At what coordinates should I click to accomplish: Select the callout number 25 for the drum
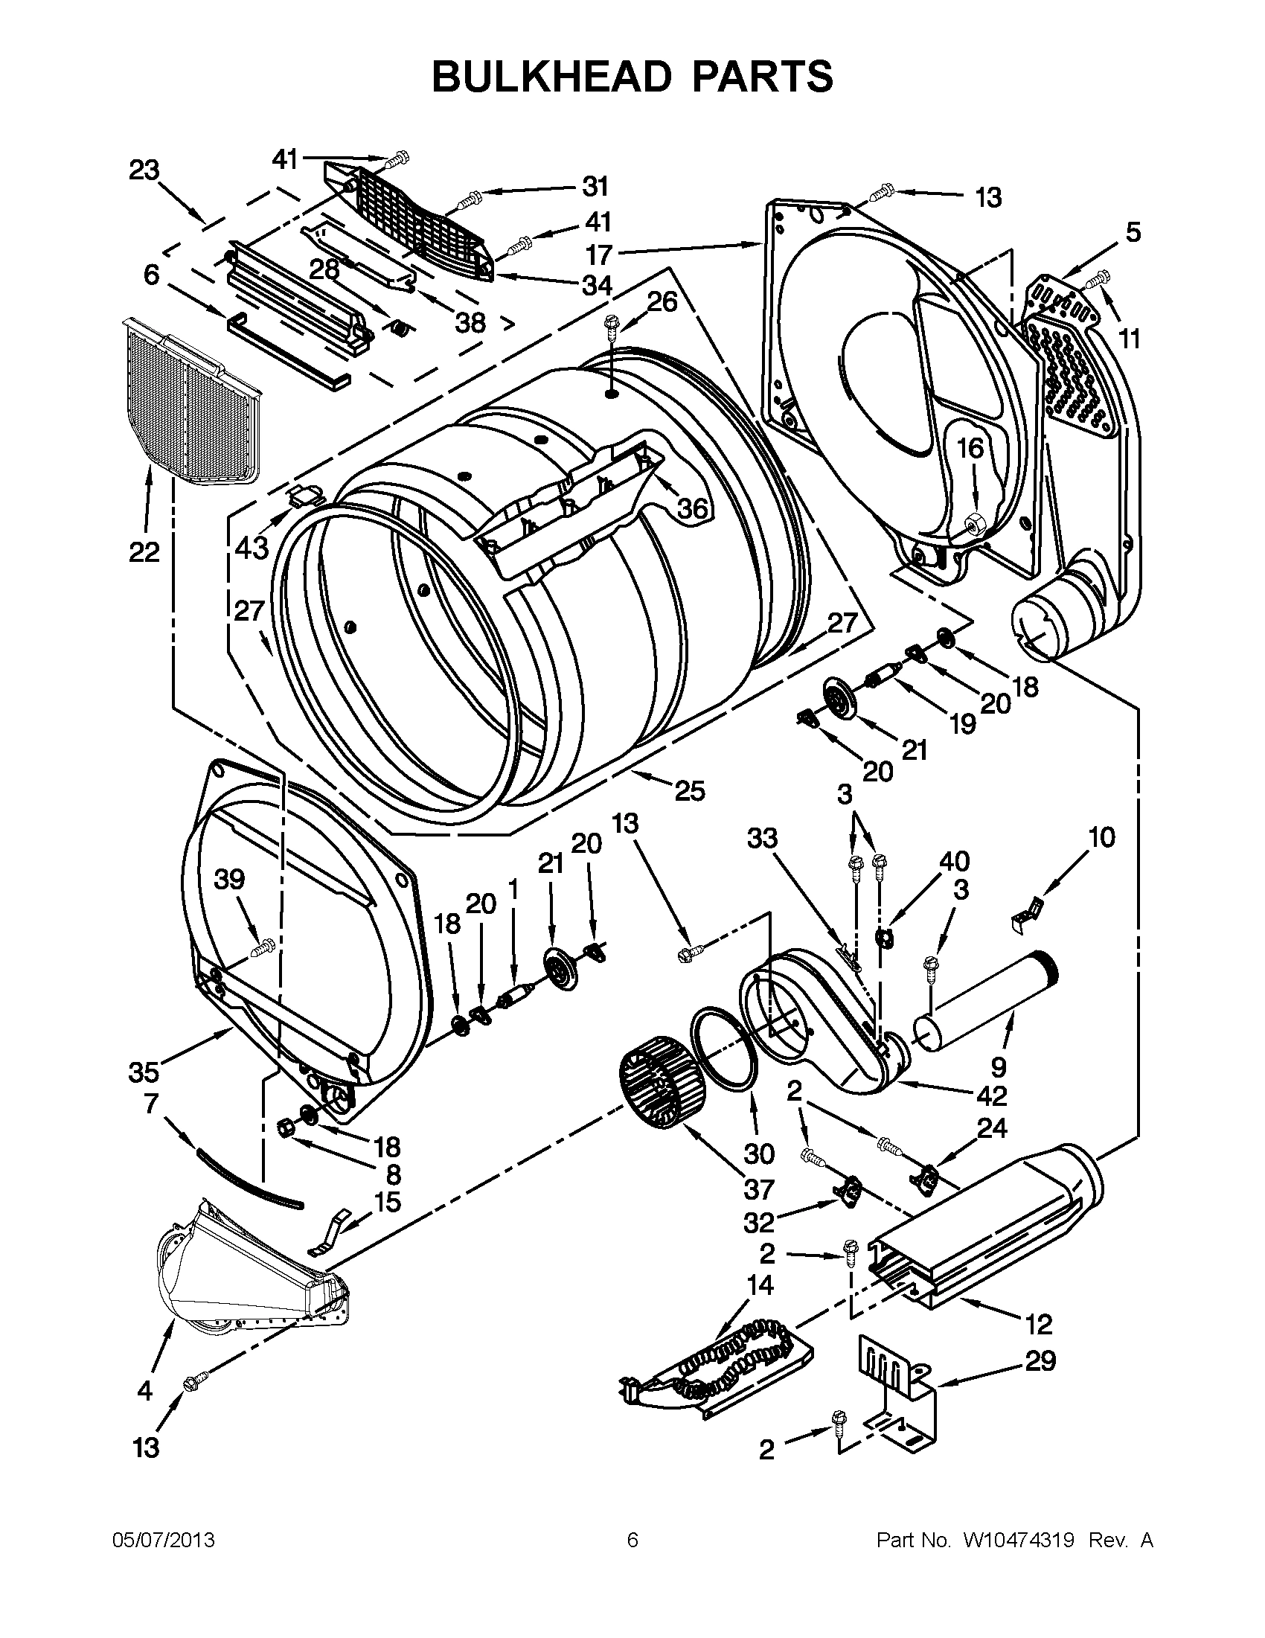click(x=690, y=790)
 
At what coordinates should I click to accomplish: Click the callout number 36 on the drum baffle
click(x=691, y=509)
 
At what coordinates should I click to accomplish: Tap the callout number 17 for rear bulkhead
click(x=599, y=255)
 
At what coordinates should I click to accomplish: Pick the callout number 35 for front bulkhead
click(x=143, y=1072)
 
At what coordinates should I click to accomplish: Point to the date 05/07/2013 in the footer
click(x=163, y=1541)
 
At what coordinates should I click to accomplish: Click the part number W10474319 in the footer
click(x=1009, y=1541)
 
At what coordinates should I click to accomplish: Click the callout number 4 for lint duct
click(x=144, y=1391)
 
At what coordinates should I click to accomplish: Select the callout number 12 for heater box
click(x=1039, y=1324)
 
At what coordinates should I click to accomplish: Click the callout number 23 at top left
click(x=144, y=170)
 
